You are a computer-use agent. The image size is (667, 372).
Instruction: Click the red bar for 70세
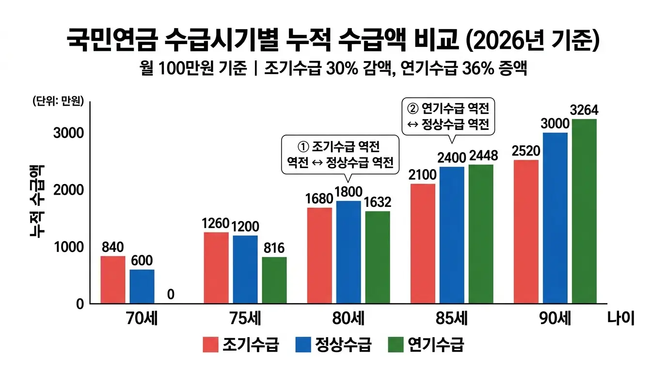tap(113, 280)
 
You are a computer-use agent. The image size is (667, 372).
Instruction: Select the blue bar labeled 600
tap(142, 287)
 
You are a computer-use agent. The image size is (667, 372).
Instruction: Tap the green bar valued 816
tap(274, 280)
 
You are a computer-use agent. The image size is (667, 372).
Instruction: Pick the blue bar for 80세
tap(349, 252)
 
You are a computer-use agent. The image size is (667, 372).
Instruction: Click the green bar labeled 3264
tap(584, 212)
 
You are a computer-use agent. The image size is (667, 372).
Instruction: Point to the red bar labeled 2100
tap(423, 244)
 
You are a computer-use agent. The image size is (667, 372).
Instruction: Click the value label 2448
tap(481, 157)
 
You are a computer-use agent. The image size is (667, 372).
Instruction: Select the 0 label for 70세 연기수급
tap(171, 294)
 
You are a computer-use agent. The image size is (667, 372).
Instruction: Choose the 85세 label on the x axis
tap(451, 319)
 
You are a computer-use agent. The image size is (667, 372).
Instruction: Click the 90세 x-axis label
tap(556, 319)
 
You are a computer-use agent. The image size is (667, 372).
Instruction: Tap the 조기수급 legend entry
tap(240, 344)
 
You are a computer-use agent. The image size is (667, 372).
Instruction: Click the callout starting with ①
tap(340, 155)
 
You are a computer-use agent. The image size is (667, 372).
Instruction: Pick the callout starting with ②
tap(448, 117)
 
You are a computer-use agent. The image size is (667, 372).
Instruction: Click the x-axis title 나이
tap(620, 319)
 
